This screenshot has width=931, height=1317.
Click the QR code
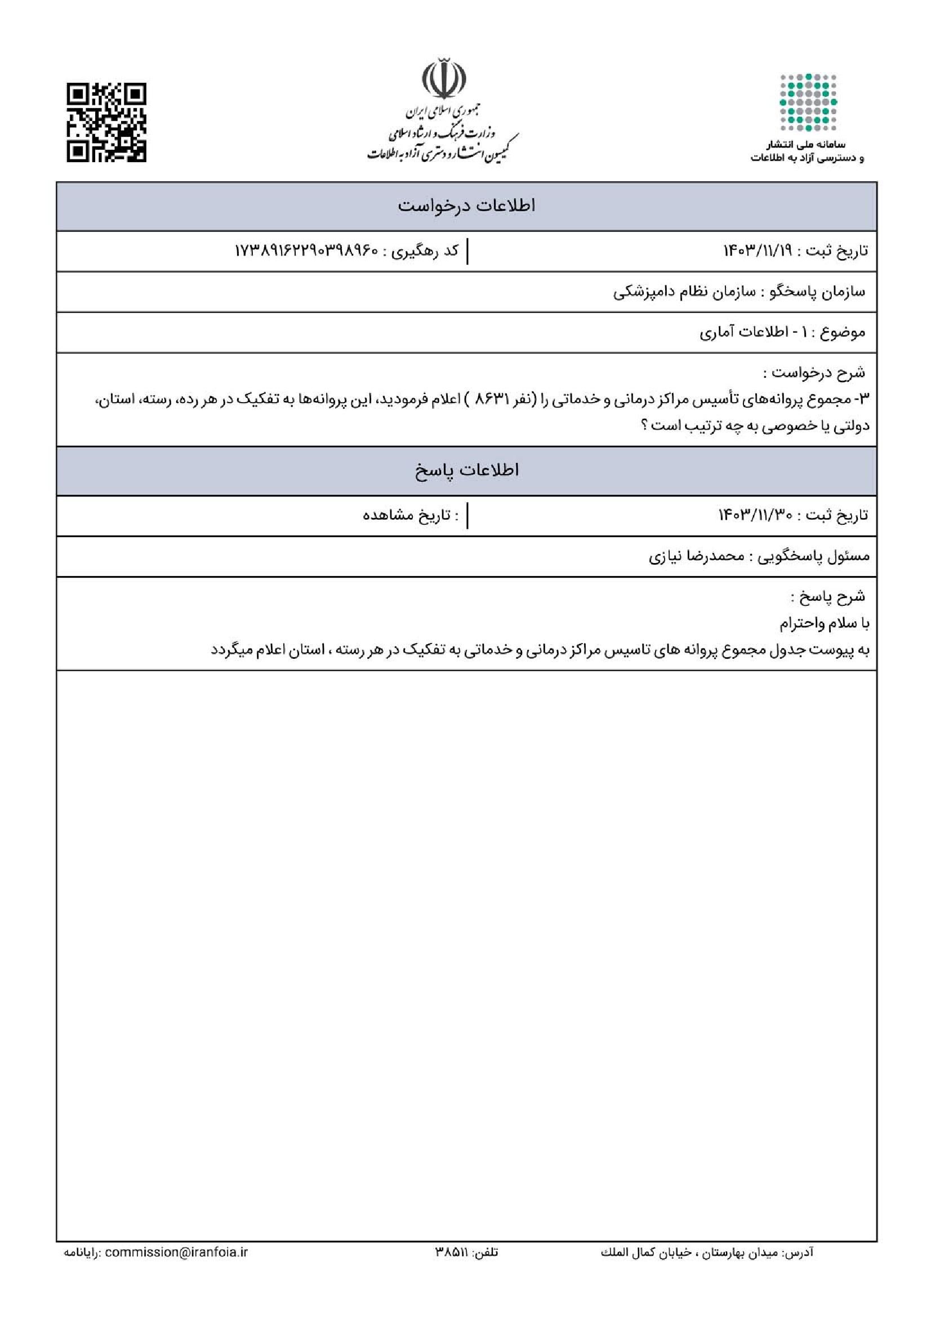coord(106,123)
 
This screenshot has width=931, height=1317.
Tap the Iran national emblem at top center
coord(443,81)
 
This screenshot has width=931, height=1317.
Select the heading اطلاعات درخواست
coord(466,206)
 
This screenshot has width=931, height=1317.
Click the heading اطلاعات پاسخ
coord(466,470)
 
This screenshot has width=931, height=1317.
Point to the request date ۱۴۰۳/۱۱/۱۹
coord(756,251)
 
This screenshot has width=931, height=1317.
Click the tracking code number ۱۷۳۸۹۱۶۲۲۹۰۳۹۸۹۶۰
coord(307,251)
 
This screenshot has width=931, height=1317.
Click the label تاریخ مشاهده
coord(411,515)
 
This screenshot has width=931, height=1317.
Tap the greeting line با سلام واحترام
coord(824,623)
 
